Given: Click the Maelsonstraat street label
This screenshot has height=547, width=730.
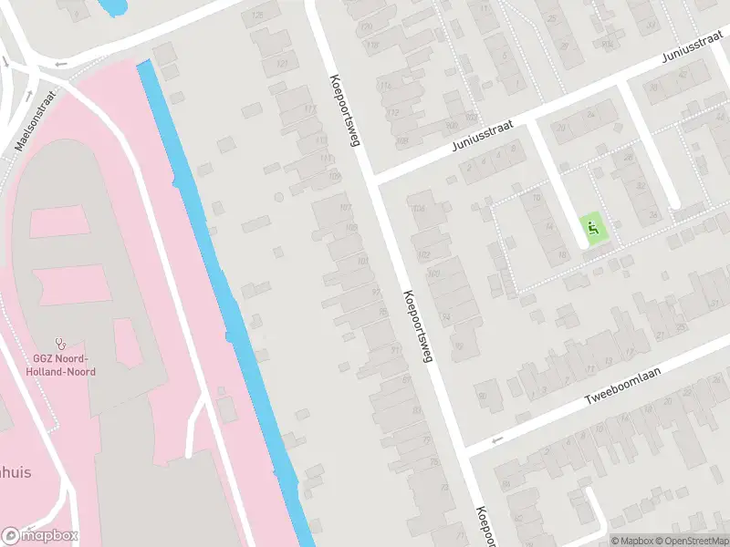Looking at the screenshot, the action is tap(36, 119).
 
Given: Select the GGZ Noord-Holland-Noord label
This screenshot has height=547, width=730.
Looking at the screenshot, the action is tap(61, 365).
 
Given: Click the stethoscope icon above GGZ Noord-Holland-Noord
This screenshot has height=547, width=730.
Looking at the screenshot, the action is tap(61, 344).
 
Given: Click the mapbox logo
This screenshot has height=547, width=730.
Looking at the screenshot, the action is tap(40, 536).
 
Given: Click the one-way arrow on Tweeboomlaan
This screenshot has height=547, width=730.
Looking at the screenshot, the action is tap(497, 441).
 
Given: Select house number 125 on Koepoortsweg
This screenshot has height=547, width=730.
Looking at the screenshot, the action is tap(258, 15).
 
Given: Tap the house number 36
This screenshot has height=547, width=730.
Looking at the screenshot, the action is tap(652, 215).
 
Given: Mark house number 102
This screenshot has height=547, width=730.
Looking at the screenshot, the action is tap(423, 254).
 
